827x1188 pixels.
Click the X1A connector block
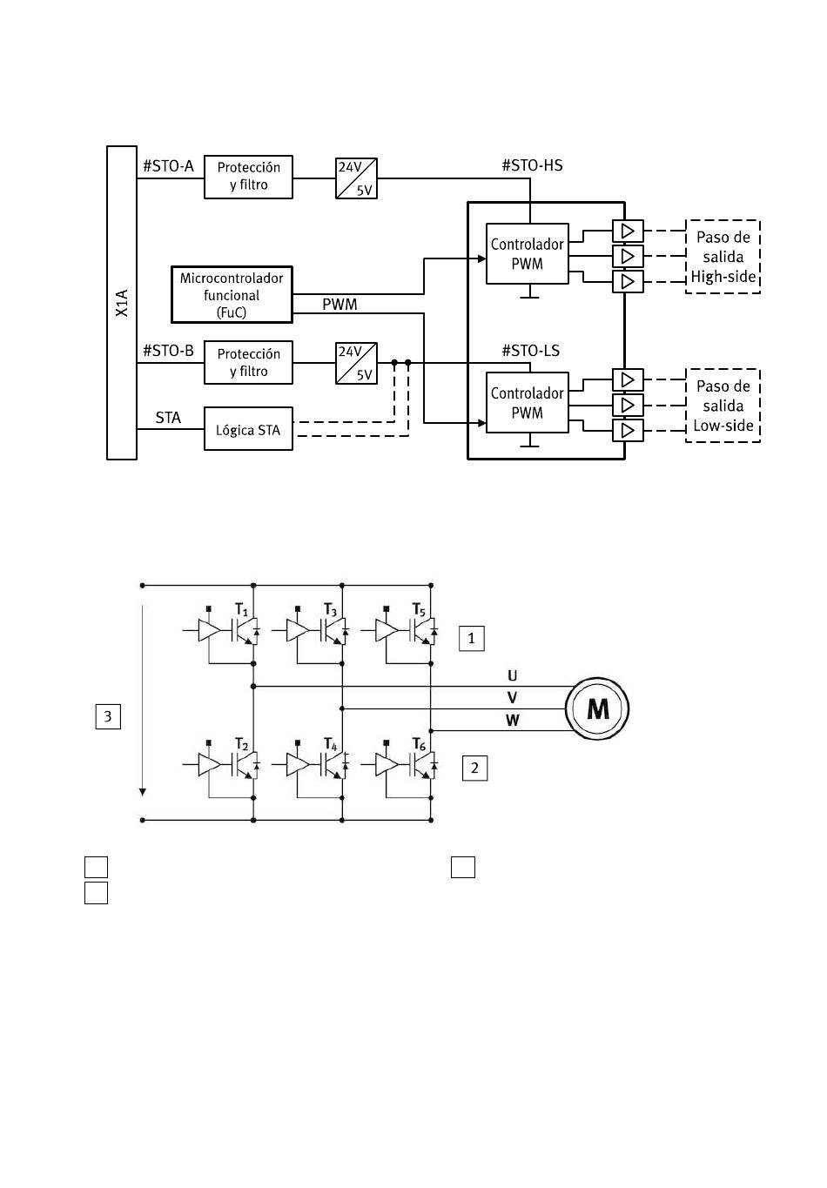click(122, 302)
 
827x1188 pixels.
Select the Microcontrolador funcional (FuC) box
click(232, 294)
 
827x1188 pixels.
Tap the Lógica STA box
click(248, 428)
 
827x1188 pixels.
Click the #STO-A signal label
click(168, 166)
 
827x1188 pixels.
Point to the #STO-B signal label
click(168, 351)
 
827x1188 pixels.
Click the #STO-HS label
click(532, 165)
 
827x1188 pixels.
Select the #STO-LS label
click(530, 351)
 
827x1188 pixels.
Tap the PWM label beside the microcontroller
click(340, 305)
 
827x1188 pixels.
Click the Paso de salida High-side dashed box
click(723, 257)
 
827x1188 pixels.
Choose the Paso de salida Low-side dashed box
click(723, 406)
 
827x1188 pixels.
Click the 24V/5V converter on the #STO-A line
click(356, 178)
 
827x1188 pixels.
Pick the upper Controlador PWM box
click(528, 253)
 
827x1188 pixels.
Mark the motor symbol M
click(597, 708)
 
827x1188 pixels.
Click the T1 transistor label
click(241, 609)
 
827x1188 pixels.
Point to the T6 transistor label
click(419, 744)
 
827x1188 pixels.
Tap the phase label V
click(512, 697)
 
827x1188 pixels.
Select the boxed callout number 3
click(108, 716)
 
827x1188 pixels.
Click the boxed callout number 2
click(474, 768)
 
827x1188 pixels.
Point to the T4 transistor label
click(331, 744)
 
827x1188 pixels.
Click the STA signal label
click(168, 418)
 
